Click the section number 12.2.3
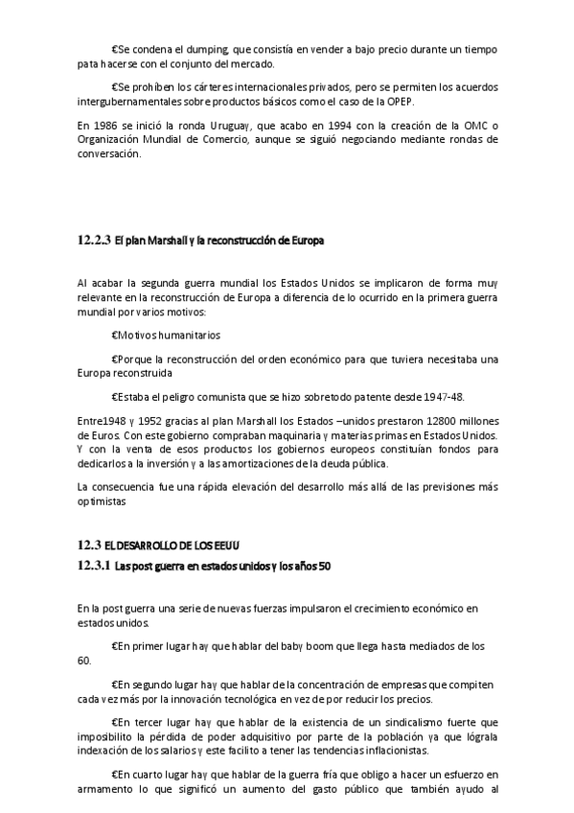[x=95, y=241]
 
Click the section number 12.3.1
[x=95, y=565]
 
